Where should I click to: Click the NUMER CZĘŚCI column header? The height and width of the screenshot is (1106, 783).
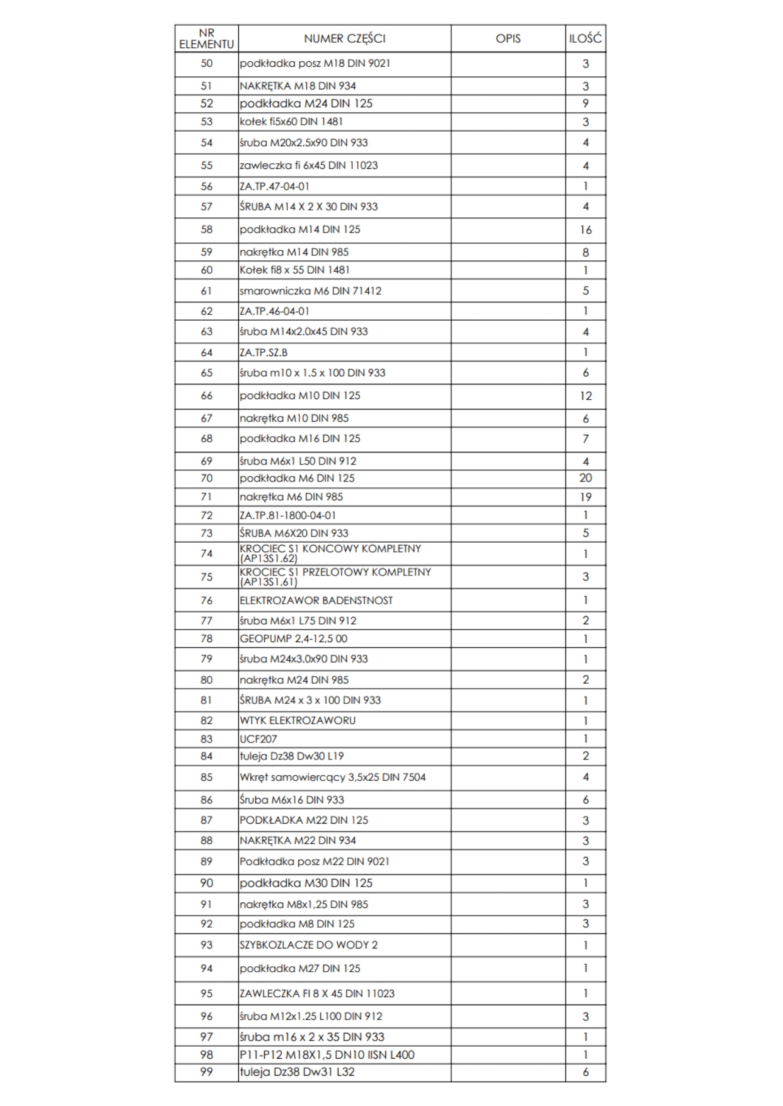pos(344,38)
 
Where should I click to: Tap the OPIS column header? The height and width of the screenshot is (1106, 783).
pos(508,38)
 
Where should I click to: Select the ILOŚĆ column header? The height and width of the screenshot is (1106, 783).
pos(585,38)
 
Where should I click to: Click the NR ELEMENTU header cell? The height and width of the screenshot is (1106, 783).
pos(206,38)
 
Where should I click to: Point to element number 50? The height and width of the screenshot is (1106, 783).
pos(206,64)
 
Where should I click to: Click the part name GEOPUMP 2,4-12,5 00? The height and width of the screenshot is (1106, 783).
pos(293,638)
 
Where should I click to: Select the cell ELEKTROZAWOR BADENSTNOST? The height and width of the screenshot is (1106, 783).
pos(316,601)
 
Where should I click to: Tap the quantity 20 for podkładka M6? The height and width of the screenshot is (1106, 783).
pos(585,478)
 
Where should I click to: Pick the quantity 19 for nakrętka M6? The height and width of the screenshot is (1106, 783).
pos(585,497)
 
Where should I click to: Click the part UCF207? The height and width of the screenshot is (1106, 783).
pos(258,739)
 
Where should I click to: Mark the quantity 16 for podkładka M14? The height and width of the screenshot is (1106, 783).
pos(585,230)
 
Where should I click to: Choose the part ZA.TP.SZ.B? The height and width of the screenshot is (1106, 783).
pos(264,352)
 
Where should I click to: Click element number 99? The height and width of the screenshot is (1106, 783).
pos(206,1072)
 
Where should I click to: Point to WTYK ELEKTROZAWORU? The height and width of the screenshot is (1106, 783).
pos(298,720)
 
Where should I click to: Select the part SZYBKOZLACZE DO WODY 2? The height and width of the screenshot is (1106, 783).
pos(308,945)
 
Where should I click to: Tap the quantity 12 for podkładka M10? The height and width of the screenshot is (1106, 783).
pos(585,396)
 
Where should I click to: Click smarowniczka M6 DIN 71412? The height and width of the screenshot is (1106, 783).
pos(310,291)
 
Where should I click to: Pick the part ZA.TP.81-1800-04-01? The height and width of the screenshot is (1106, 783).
pos(287,515)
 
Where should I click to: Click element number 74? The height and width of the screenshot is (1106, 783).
pos(206,553)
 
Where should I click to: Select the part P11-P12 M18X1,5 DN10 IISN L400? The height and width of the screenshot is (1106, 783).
pos(327,1054)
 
